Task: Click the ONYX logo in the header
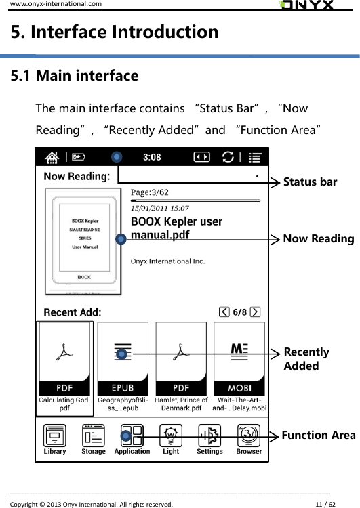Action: (x=306, y=5)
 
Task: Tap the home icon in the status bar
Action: (x=52, y=157)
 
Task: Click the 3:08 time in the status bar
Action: (x=152, y=157)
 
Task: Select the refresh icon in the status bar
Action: (x=225, y=157)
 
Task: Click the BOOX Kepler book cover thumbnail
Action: (x=83, y=241)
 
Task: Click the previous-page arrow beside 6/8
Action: (x=224, y=312)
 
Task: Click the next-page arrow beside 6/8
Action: (x=255, y=312)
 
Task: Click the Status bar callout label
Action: (x=310, y=182)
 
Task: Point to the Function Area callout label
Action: (x=318, y=435)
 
